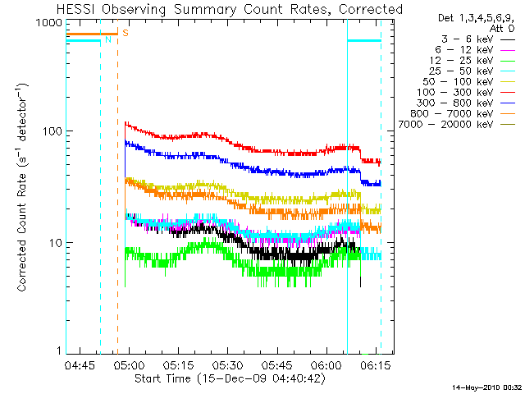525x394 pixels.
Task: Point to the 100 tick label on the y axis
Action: (x=52, y=132)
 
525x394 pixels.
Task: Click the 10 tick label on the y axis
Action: (x=56, y=243)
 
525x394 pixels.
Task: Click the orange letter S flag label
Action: (x=125, y=33)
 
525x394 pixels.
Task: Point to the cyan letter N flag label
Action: (x=107, y=39)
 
